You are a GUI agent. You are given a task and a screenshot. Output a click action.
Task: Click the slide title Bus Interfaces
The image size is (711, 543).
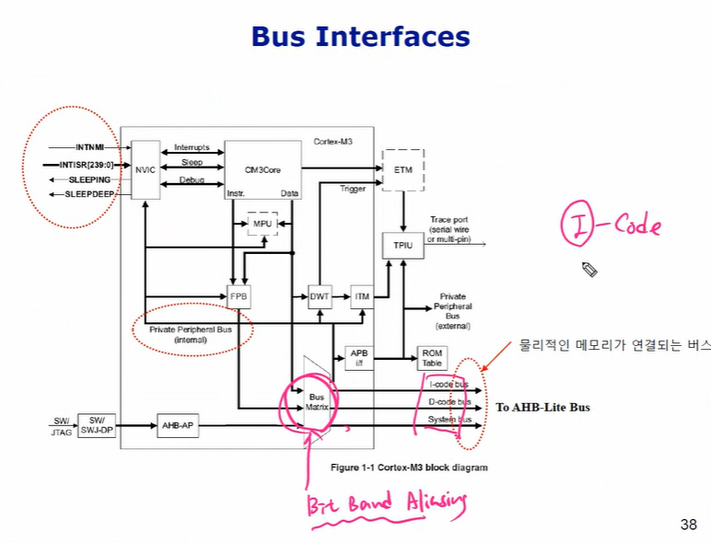(x=361, y=37)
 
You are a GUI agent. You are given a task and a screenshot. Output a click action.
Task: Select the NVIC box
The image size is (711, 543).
(x=146, y=169)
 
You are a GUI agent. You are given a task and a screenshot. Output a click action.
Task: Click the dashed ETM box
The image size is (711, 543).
(x=402, y=170)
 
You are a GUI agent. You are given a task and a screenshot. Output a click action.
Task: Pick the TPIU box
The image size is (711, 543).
(x=402, y=246)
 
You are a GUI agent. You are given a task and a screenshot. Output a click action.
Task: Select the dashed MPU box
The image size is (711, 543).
(x=262, y=225)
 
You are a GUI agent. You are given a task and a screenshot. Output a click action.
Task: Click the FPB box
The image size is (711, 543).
(x=239, y=296)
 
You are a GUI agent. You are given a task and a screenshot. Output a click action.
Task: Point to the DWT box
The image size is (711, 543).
(x=320, y=296)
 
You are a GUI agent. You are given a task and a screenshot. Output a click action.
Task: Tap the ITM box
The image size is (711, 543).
(x=362, y=296)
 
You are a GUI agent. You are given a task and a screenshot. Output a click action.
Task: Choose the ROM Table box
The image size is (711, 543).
(x=431, y=357)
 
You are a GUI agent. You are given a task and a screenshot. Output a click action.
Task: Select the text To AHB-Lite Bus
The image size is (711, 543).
(x=542, y=407)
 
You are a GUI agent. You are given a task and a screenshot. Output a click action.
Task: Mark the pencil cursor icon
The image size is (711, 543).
(x=590, y=270)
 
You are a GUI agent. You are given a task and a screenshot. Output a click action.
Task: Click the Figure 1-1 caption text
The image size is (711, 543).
(x=409, y=468)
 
